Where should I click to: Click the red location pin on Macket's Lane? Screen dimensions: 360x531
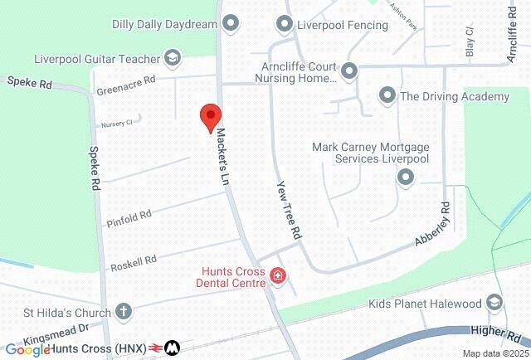(211, 117)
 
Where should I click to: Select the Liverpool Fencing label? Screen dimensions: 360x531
(343, 25)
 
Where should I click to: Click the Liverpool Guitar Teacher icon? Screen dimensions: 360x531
(172, 58)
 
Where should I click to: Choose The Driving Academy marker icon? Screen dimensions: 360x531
(387, 96)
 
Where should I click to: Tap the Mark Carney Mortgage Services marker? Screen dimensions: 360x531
(406, 177)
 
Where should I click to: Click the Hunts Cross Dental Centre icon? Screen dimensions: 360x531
(278, 277)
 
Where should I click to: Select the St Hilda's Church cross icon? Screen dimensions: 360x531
(124, 313)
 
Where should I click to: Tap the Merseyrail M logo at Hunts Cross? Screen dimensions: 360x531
(173, 348)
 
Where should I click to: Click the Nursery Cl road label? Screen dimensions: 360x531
(117, 124)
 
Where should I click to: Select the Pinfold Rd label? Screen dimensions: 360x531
(129, 219)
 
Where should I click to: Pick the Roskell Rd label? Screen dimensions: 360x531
(134, 264)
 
